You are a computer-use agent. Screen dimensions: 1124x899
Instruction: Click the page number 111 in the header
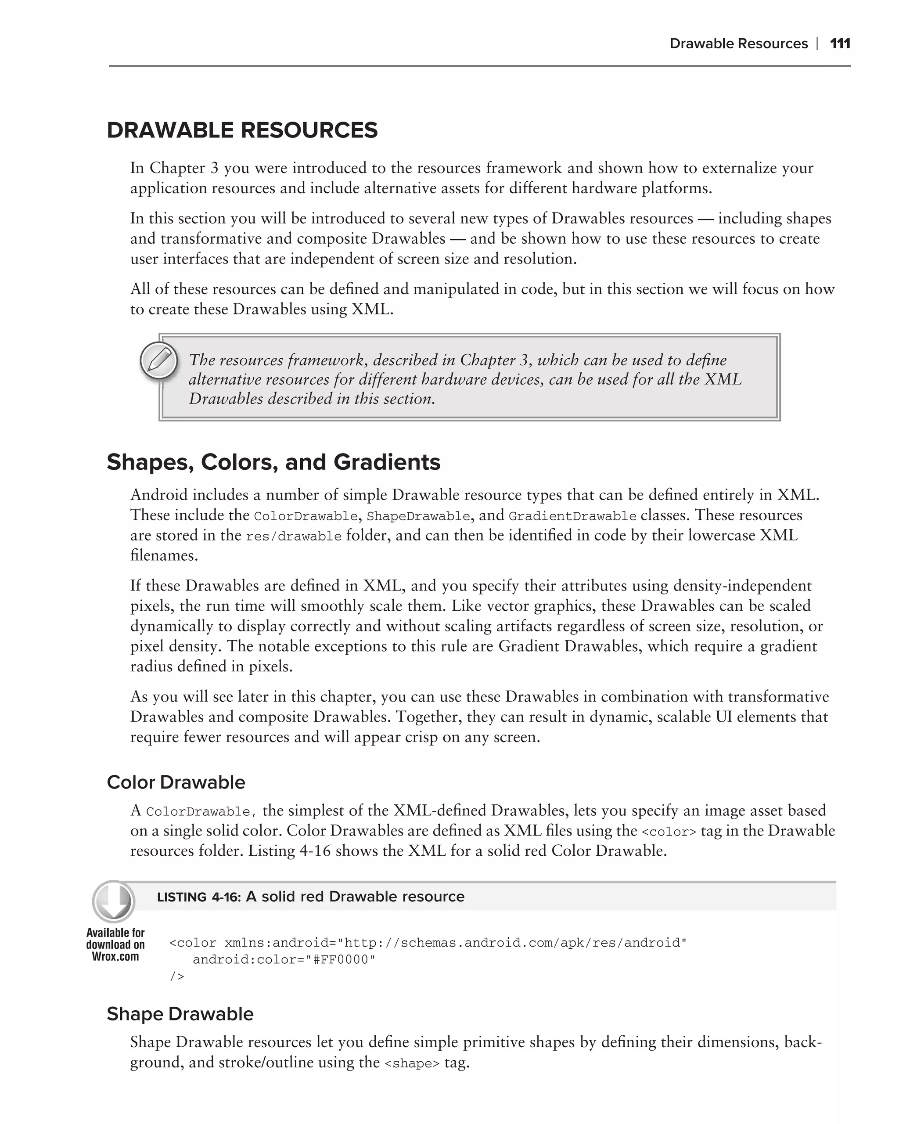coord(840,43)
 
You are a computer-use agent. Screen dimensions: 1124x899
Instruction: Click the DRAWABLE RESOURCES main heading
coord(242,130)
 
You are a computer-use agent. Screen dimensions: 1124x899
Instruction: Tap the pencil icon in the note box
coord(159,360)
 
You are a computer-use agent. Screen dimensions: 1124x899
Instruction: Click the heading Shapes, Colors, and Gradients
coord(273,462)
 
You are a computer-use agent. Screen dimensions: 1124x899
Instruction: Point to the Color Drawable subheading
coord(176,782)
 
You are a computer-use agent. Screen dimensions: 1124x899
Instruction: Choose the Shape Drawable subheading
coord(180,1013)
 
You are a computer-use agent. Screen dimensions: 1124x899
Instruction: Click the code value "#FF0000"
coord(343,960)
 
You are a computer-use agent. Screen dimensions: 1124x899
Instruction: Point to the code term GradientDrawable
coord(572,516)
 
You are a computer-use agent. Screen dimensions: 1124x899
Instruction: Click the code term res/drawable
coord(293,537)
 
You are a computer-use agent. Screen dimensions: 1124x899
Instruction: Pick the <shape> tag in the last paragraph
coord(412,1063)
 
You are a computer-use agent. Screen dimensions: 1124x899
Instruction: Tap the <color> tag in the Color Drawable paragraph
coord(669,832)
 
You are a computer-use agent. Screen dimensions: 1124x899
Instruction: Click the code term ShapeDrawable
coord(418,516)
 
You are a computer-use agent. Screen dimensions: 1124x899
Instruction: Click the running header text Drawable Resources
coord(738,43)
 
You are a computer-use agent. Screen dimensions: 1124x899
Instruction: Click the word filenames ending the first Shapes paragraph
coord(164,555)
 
